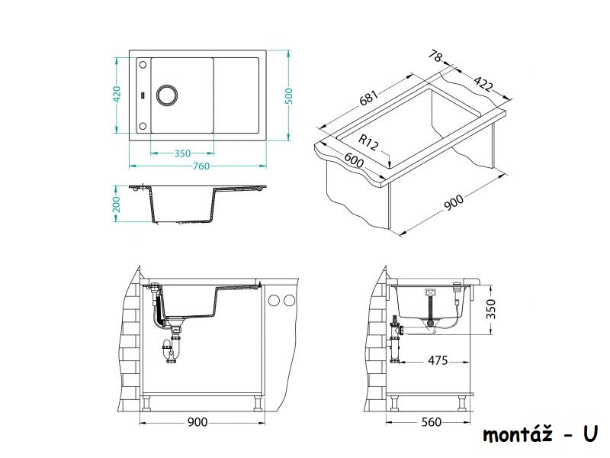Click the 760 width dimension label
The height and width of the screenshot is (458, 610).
tap(201, 166)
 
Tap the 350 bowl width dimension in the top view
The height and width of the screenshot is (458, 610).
tap(182, 153)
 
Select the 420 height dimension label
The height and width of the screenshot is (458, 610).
tap(117, 95)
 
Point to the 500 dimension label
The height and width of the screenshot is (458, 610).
tap(288, 96)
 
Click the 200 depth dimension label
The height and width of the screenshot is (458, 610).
tap(117, 204)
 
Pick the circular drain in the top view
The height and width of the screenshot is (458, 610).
tap(167, 95)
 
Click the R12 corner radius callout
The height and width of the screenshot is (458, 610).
tap(368, 142)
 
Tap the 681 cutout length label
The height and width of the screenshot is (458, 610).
tap(368, 98)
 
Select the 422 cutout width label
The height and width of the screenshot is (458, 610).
tap(483, 84)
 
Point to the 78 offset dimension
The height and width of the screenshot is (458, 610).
tap(435, 56)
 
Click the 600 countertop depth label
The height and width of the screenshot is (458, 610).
tap(354, 160)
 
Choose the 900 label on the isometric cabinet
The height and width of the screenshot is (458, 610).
tap(454, 202)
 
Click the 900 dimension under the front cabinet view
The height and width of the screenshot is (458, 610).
tap(197, 422)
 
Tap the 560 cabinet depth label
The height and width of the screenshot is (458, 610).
tap(432, 422)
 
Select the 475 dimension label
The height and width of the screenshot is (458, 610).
tap(438, 360)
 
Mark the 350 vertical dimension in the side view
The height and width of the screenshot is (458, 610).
tap(491, 309)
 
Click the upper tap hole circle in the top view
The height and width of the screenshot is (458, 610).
tap(143, 65)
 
